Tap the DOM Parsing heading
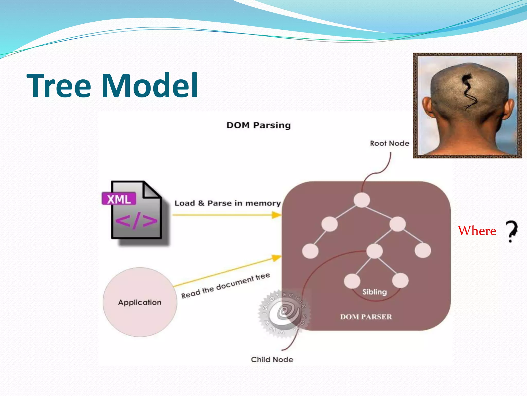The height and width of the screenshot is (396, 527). click(x=258, y=125)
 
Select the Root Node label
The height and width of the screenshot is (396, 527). click(x=389, y=143)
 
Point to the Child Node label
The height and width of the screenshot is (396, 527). click(x=272, y=359)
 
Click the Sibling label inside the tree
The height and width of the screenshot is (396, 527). click(x=374, y=292)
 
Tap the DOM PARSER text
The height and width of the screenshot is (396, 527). click(x=366, y=317)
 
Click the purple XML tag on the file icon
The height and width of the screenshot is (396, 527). click(x=119, y=199)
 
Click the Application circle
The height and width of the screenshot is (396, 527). click(x=140, y=302)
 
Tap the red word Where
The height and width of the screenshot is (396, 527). click(x=477, y=231)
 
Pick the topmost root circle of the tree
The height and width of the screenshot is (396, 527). click(x=362, y=200)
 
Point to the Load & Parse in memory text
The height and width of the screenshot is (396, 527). click(x=227, y=203)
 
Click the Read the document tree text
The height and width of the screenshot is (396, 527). click(x=225, y=286)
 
